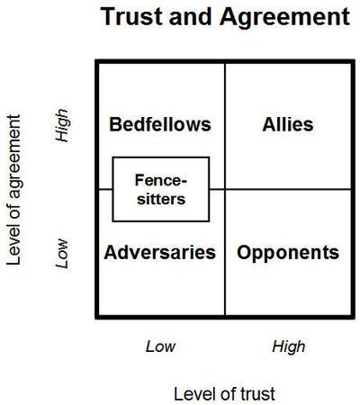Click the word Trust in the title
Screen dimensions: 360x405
[x=132, y=16]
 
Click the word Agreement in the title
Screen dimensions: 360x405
[x=284, y=18]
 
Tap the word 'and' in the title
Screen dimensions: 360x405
[x=191, y=16]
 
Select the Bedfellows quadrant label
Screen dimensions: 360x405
[x=160, y=124]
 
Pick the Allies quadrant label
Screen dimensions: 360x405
[x=288, y=124]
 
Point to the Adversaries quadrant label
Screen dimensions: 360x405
[x=160, y=253]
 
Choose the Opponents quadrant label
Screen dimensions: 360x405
[x=288, y=253]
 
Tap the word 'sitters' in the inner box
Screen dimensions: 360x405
[x=161, y=199]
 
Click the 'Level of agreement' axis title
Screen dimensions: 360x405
[x=13, y=190]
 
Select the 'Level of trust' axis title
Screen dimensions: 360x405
[x=224, y=394]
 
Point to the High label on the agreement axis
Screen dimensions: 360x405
[x=62, y=125]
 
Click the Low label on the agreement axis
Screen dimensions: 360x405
[x=62, y=254]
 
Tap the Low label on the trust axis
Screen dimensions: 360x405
[x=160, y=346]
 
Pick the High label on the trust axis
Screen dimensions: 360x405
[x=289, y=347]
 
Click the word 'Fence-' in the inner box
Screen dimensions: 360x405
[x=161, y=180]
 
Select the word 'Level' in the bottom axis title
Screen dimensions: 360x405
[x=191, y=394]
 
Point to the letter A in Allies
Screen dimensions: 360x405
[x=269, y=125]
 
